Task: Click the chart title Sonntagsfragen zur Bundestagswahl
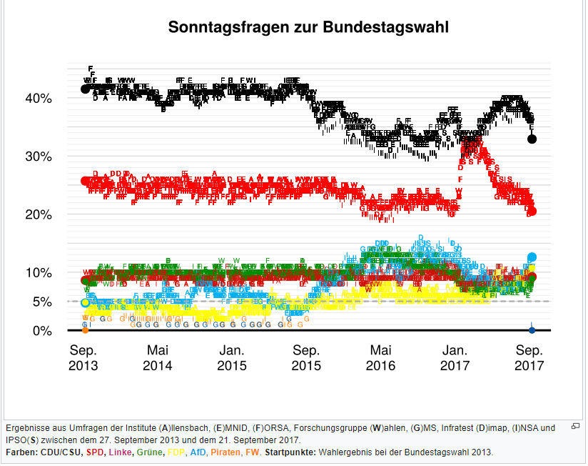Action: [x=308, y=28]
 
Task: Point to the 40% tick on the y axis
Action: [x=39, y=99]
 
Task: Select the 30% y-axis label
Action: [x=39, y=157]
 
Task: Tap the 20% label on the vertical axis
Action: [x=39, y=214]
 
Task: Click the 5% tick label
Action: [x=42, y=302]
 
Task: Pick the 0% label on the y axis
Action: [x=42, y=331]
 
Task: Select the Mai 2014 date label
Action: [x=158, y=358]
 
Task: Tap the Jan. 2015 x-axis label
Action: [x=232, y=358]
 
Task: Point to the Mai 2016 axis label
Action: [x=380, y=358]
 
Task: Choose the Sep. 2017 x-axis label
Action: [x=529, y=358]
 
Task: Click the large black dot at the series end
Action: [x=532, y=139]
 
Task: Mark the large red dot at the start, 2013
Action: [x=86, y=182]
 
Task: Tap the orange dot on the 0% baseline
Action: [x=86, y=329]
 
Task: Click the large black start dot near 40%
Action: [x=86, y=89]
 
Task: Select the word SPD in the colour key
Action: [x=95, y=452]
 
